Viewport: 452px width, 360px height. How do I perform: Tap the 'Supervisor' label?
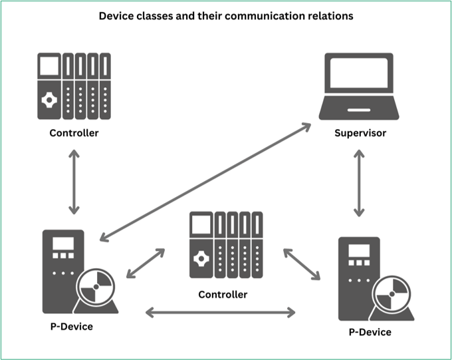coord(360,133)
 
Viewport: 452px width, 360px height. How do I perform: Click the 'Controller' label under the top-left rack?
coord(74,133)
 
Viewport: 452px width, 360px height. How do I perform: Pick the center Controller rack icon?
coord(226,246)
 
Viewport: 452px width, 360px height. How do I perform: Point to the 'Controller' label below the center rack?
coord(223,294)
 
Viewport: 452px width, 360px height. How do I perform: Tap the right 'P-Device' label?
coord(370,332)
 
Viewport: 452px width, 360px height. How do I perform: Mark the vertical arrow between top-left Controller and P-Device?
coord(74,181)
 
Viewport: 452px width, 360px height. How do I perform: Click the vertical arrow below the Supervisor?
coord(359,181)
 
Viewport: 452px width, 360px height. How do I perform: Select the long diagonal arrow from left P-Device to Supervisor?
coord(206,181)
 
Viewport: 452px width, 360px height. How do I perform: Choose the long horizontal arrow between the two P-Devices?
coord(220,311)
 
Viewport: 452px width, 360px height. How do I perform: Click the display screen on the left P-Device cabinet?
coord(63,244)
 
